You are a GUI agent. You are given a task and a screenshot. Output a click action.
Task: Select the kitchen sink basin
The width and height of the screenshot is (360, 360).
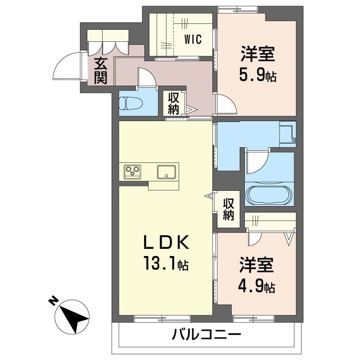pos(166,172)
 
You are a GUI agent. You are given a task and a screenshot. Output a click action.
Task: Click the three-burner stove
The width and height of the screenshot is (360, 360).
pos(132,171)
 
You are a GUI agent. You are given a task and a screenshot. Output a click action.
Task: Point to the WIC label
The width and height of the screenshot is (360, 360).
pos(193,39)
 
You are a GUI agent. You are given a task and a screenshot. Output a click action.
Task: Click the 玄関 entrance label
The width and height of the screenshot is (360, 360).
pos(101,71)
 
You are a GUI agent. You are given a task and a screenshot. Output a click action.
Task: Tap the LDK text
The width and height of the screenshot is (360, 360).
pos(166,243)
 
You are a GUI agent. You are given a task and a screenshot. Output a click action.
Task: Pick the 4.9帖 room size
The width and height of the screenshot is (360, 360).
pos(256,285)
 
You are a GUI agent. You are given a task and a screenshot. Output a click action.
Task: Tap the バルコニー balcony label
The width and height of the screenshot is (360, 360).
pos(207,334)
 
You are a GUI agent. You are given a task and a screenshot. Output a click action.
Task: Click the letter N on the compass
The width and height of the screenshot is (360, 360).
pos(53,301)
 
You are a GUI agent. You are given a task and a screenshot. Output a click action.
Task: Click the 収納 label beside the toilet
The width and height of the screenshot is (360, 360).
pos(173,104)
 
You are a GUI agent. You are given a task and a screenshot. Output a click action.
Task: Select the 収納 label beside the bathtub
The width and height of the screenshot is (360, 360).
pos(228,209)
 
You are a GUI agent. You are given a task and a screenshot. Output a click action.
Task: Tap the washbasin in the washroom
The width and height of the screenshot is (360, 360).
pos(287,134)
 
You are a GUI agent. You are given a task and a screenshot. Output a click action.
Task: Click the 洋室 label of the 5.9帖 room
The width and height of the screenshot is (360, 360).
pos(257,54)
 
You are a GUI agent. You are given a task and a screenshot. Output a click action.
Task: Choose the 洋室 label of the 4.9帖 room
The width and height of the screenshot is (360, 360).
pos(256,265)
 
